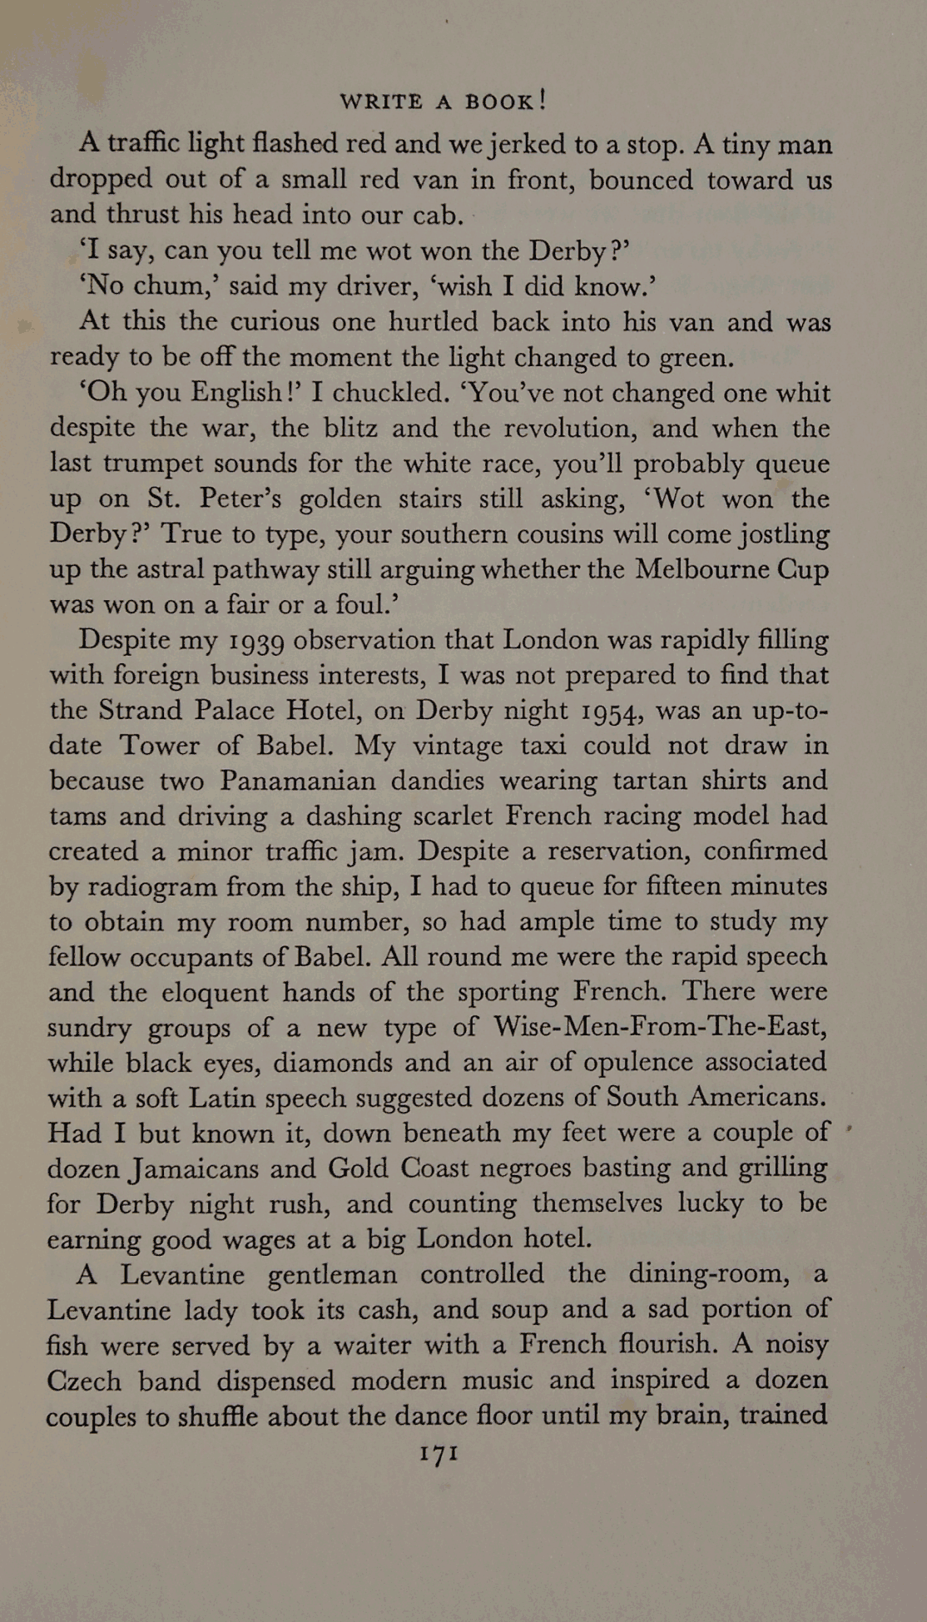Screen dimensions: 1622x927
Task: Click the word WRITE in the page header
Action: (x=381, y=102)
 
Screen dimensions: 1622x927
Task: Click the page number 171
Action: (x=439, y=1453)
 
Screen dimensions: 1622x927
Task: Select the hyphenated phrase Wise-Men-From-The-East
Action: (x=659, y=1026)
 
